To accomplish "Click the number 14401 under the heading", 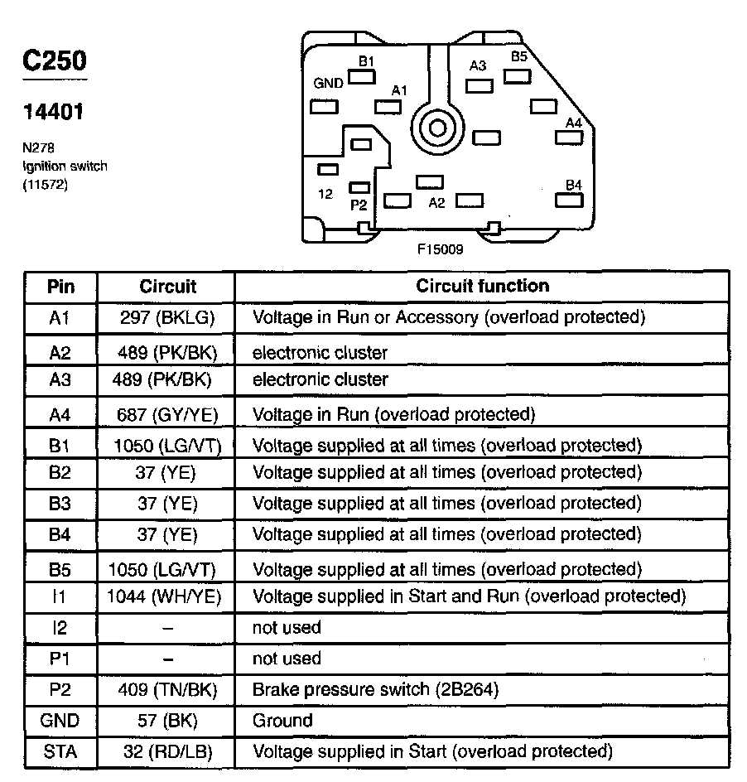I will [54, 111].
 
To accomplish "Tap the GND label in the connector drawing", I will [328, 84].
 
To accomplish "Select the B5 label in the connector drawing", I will [518, 57].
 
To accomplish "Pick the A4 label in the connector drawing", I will [574, 123].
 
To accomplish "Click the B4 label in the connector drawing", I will [574, 184].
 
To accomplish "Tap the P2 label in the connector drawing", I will [359, 204].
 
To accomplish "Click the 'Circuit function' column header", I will [482, 286].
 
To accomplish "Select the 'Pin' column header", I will [60, 287].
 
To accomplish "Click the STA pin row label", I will [60, 752].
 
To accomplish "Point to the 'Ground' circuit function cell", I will [282, 721].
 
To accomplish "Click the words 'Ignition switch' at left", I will [65, 167].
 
